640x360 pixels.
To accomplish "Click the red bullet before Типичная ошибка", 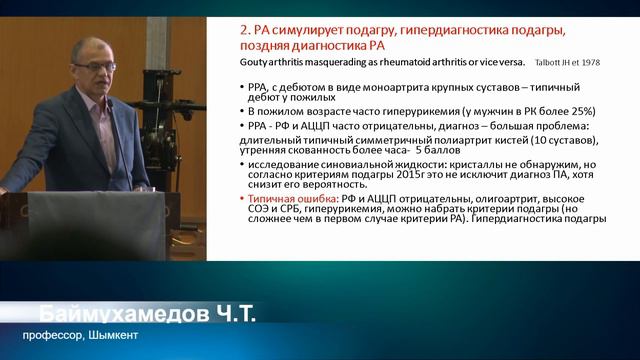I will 245,198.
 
